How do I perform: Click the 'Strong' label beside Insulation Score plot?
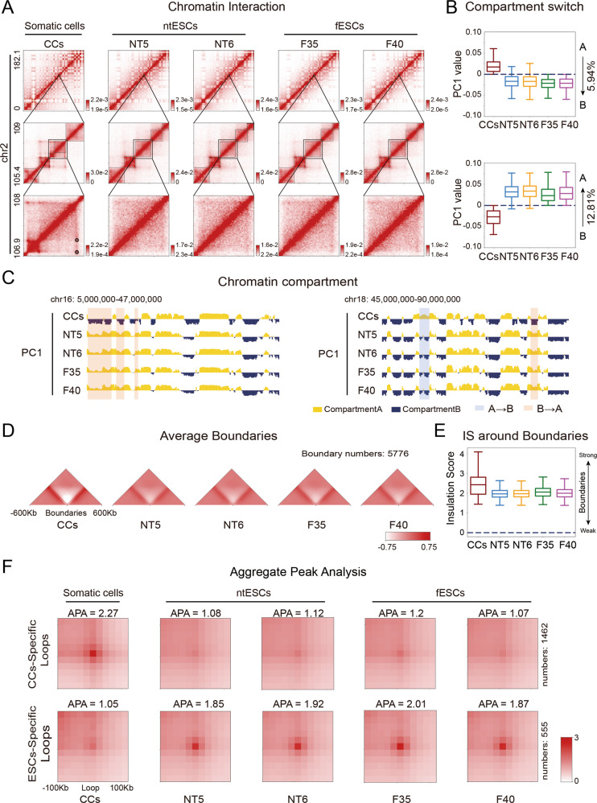[x=574, y=455]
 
